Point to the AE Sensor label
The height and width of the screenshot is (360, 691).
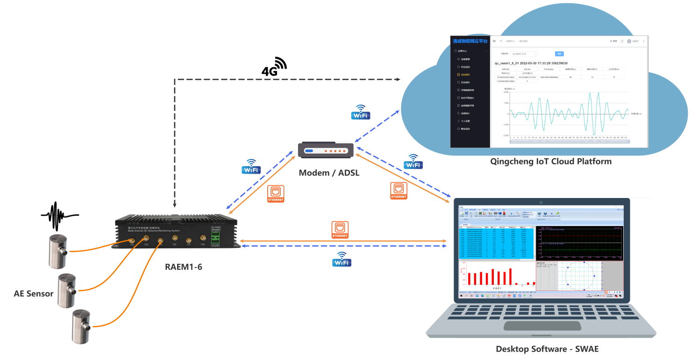click(x=34, y=294)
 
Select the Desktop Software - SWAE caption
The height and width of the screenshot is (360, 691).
click(x=547, y=349)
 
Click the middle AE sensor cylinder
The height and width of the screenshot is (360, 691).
click(x=69, y=291)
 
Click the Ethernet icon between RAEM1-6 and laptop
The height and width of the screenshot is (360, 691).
click(x=340, y=230)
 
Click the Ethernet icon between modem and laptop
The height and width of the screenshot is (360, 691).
click(x=399, y=191)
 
